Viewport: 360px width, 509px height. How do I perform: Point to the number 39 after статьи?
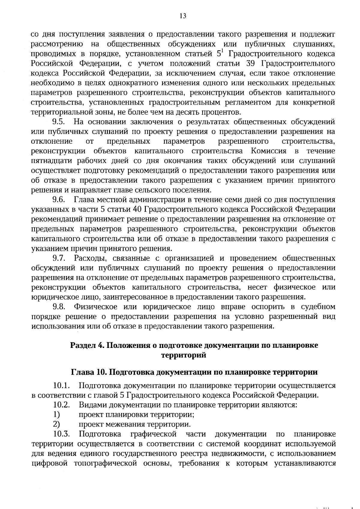pos(250,64)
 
